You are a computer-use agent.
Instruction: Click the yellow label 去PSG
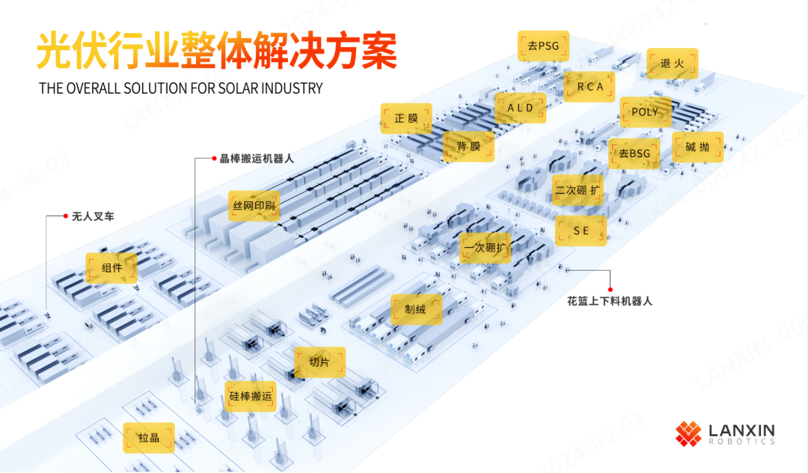click(x=543, y=46)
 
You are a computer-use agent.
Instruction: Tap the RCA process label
click(x=590, y=87)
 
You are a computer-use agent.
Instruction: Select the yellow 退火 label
click(x=673, y=64)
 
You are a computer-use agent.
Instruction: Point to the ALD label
click(x=521, y=108)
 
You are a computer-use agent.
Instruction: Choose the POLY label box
click(x=645, y=112)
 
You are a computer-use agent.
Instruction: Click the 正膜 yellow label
click(x=406, y=118)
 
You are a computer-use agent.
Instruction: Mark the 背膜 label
click(x=469, y=147)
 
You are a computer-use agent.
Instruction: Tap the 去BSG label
click(x=634, y=153)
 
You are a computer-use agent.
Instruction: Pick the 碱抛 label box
click(x=698, y=147)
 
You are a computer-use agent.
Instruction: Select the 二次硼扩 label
click(x=578, y=190)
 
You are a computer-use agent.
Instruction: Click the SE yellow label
click(x=581, y=231)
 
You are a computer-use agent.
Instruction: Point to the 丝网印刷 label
click(x=254, y=205)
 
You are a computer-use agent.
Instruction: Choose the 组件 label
click(x=111, y=267)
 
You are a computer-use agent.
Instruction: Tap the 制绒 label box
click(x=416, y=309)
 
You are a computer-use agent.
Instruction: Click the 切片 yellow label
click(x=319, y=362)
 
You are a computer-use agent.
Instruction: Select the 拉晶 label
click(x=149, y=438)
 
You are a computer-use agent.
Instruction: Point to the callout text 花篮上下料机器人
click(x=610, y=301)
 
